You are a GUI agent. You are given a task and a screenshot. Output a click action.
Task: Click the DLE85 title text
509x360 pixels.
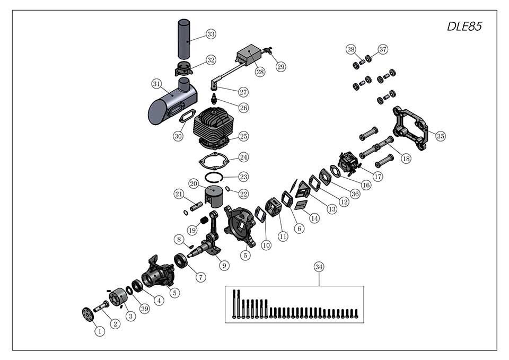(x=464, y=27)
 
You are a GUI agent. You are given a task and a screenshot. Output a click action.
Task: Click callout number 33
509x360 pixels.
(x=211, y=34)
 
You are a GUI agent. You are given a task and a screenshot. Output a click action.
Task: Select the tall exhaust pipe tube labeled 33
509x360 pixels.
(x=184, y=39)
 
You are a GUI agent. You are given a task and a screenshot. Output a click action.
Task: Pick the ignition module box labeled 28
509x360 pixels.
(x=249, y=55)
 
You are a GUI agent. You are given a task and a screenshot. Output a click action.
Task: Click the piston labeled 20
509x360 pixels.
(x=214, y=196)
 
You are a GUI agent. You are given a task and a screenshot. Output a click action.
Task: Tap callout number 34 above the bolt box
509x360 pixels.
(x=319, y=267)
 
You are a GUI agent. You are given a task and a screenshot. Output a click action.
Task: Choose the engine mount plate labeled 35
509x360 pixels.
(x=410, y=128)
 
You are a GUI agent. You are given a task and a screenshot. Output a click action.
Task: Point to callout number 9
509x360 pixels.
(x=224, y=266)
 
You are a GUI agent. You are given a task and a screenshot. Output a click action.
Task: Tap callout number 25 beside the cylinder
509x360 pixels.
(x=243, y=136)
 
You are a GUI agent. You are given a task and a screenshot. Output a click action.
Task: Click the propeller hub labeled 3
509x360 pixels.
(x=118, y=296)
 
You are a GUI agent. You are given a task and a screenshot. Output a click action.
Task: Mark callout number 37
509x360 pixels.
(x=383, y=49)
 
